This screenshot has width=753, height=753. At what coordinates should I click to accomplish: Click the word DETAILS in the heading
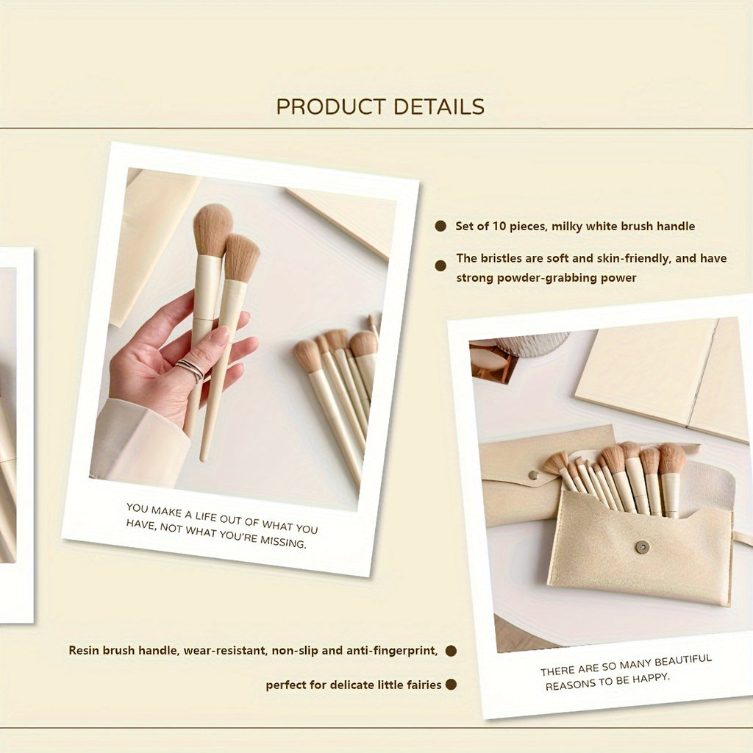tap(438, 107)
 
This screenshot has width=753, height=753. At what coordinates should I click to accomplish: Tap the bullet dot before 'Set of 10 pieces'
tap(440, 226)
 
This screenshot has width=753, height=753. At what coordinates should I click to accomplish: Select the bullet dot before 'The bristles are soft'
tap(440, 265)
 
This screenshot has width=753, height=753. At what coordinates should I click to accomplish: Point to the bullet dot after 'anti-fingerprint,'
tap(451, 651)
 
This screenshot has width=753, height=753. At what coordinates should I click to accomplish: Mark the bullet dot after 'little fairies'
tap(451, 685)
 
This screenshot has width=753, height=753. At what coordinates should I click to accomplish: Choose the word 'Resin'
tap(85, 651)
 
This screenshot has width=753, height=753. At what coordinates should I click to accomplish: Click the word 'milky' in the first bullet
tap(573, 226)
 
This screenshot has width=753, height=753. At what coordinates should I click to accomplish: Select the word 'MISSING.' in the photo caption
tap(282, 544)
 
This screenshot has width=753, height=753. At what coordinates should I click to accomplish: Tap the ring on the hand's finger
tap(190, 369)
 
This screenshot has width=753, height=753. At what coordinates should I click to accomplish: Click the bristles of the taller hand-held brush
tap(213, 229)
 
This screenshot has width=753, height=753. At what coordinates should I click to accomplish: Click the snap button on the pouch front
tap(642, 546)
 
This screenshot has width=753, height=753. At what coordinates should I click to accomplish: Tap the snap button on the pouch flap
tap(533, 476)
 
